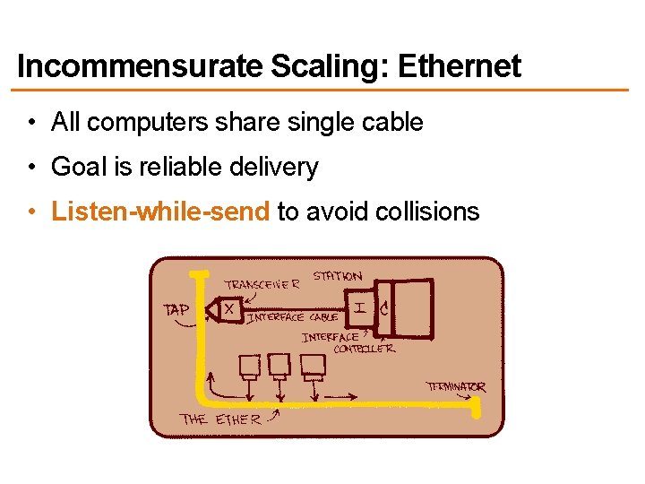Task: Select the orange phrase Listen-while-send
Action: pos(160,212)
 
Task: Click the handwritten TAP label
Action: pos(176,309)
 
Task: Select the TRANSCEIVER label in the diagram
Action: pos(262,285)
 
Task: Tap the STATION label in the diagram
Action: pos(338,276)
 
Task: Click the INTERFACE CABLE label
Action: pos(292,317)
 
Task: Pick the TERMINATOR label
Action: pos(455,387)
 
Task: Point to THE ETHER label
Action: pos(220,419)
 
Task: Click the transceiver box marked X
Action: pos(230,309)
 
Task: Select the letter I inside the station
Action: pos(359,308)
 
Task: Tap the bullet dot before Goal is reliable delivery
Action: pos(31,168)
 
